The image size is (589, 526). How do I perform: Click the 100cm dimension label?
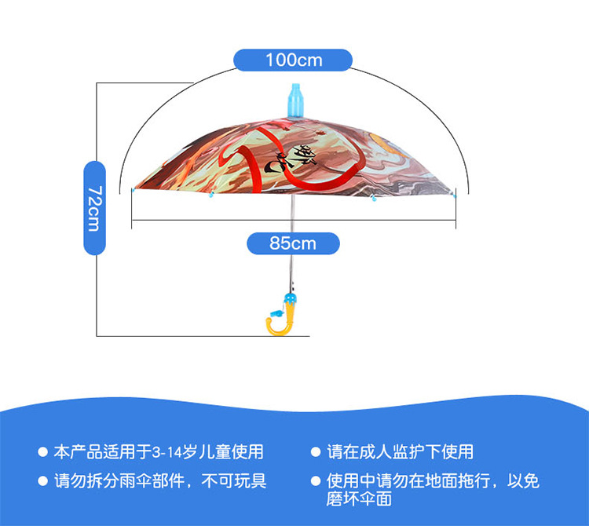(292, 59)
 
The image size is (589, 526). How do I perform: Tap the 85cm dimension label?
(292, 243)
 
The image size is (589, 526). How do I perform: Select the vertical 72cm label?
(94, 207)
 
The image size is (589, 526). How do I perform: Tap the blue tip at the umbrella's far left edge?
(133, 189)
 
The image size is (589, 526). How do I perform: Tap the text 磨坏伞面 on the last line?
(359, 499)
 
